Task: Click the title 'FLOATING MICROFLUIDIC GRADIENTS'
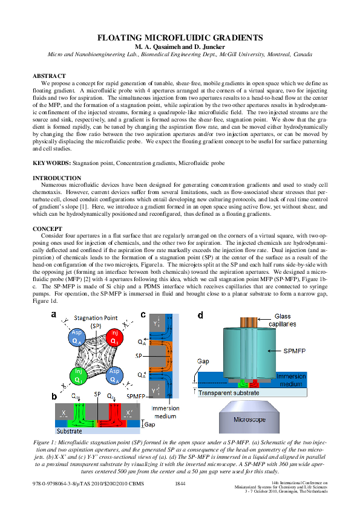coord(180,37)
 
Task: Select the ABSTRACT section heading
coord(48,76)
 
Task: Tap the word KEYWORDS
coord(51,163)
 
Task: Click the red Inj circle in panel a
coord(113,337)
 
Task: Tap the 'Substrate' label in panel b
coord(70,432)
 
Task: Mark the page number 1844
coord(180,484)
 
